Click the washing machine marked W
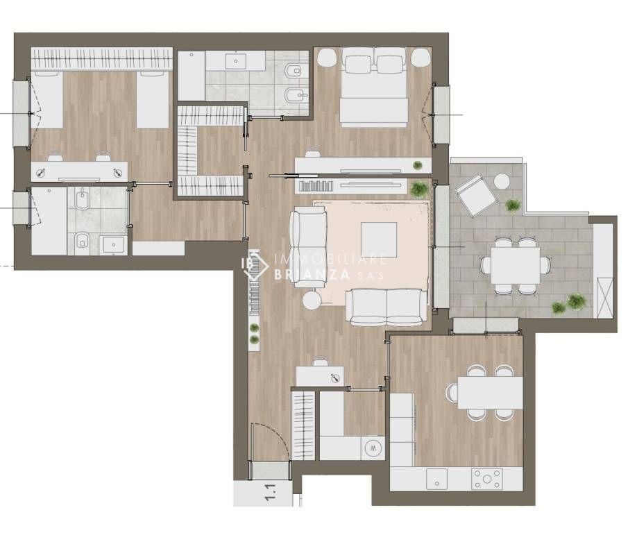pos(373,448)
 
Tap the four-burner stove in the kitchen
pos(487,479)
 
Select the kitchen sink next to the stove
pos(436,479)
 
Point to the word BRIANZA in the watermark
pos(311,275)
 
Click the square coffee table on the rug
pos(378,240)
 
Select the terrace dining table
pos(516,266)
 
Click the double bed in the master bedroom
pos(373,87)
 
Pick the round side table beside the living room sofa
pos(312,300)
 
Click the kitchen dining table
pos(490,392)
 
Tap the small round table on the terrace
pos(501,181)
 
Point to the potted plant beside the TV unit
pos(419,189)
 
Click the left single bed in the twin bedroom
pos(47,100)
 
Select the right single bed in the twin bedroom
pos(153,100)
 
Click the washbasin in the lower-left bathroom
pos(113,244)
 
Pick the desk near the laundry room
pos(320,376)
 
